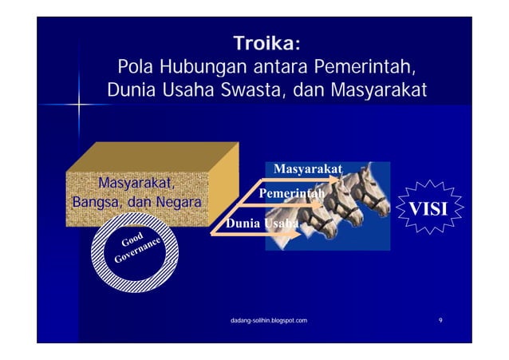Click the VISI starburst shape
(428, 209)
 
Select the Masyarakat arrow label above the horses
(308, 169)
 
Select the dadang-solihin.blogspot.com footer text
(267, 320)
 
